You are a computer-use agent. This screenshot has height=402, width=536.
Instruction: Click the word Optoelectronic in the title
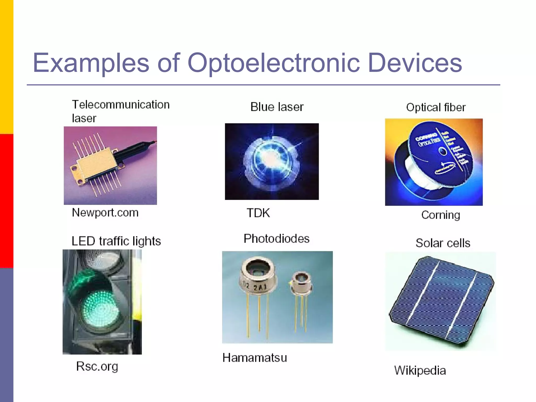click(x=273, y=63)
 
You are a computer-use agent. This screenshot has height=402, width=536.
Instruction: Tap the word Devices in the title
click(x=415, y=63)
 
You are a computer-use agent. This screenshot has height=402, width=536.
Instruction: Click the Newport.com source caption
click(x=105, y=213)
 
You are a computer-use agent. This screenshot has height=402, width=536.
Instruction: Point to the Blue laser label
click(x=277, y=107)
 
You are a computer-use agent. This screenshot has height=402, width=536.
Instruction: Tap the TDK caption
click(x=258, y=213)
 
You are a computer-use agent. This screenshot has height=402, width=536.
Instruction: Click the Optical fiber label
click(x=436, y=107)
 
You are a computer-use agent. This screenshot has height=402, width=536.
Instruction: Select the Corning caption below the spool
click(x=440, y=215)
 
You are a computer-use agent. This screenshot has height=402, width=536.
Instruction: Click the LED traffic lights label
click(x=116, y=241)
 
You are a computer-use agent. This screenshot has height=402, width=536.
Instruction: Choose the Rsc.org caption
click(x=97, y=366)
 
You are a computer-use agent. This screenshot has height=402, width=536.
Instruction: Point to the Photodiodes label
click(x=276, y=238)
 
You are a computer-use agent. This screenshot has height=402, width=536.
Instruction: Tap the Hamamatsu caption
click(x=255, y=358)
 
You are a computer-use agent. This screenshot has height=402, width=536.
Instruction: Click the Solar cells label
click(x=443, y=243)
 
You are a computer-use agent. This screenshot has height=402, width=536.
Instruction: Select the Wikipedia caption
click(x=420, y=370)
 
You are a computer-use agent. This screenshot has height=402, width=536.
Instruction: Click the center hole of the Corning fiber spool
click(x=443, y=152)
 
